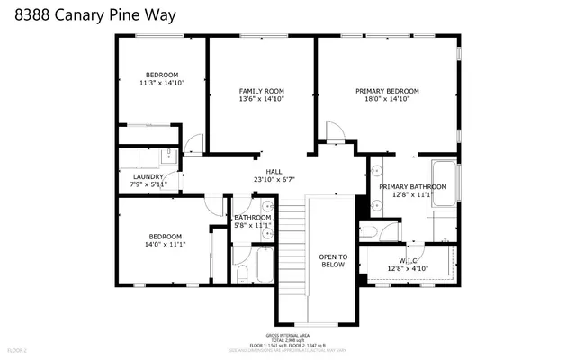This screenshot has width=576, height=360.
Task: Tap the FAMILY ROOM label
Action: coord(262,91)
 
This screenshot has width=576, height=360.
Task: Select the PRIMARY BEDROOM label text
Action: coord(387,91)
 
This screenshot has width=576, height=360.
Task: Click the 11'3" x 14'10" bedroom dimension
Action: coord(163,83)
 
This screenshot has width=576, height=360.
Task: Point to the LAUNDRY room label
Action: coord(148,176)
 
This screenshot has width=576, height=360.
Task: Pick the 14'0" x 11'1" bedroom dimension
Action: coord(166,244)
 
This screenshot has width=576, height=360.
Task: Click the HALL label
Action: coord(274,171)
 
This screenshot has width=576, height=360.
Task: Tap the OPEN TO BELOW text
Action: coord(333,261)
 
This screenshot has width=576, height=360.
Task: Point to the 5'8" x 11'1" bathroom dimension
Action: coord(253,225)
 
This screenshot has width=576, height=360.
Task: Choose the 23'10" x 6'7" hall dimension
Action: coord(274,179)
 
